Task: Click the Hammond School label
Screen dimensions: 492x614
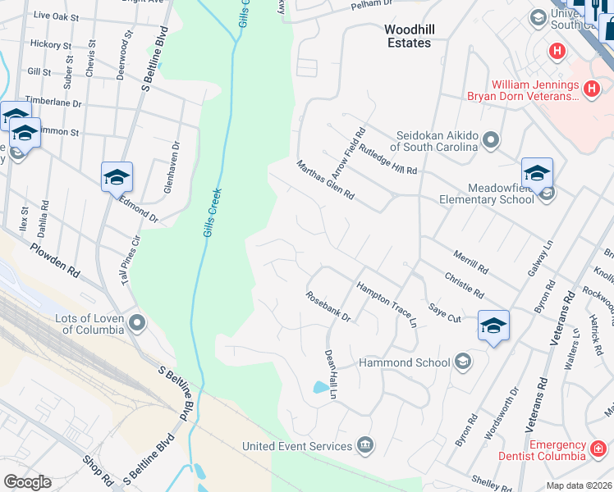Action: tap(405, 362)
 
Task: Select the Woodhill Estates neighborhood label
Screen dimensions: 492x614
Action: tap(407, 36)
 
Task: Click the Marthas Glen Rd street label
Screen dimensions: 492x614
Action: tap(326, 180)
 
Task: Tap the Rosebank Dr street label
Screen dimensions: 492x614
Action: tap(328, 307)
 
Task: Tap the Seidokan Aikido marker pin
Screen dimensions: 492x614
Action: tap(491, 140)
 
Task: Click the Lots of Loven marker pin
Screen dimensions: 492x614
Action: tap(136, 322)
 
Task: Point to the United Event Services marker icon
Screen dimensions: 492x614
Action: tap(365, 446)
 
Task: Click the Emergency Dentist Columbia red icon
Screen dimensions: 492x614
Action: tap(598, 449)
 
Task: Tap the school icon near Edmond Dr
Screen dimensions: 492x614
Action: tap(117, 177)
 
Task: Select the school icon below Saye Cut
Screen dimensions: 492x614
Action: tap(493, 326)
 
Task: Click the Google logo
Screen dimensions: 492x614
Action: tap(27, 482)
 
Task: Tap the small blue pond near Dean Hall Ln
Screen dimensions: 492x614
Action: tap(318, 387)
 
